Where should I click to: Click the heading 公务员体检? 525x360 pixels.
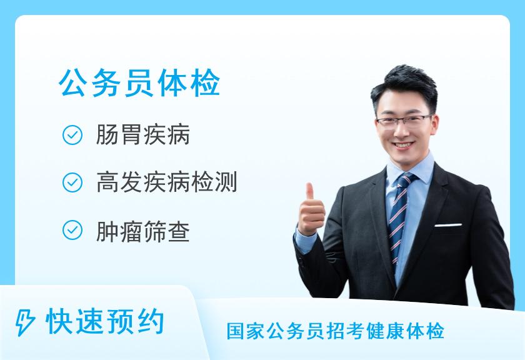[139, 83]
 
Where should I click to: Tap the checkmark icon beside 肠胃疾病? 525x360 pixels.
[72, 135]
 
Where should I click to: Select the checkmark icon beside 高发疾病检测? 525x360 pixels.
[72, 182]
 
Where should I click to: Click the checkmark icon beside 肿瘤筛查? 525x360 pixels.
[72, 230]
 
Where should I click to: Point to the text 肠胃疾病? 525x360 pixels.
[143, 134]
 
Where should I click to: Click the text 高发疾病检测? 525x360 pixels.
[167, 182]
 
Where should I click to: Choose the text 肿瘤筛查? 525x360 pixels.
[143, 231]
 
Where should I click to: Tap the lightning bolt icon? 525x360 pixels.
[25, 322]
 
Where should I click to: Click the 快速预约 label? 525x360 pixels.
[105, 321]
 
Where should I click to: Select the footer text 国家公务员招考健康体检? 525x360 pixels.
[336, 331]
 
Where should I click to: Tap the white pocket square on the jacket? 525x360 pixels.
[448, 225]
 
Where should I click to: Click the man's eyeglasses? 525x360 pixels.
[404, 121]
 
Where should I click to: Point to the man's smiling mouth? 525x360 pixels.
[403, 146]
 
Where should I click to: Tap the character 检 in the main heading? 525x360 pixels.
[205, 83]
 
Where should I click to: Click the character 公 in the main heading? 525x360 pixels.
[74, 83]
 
